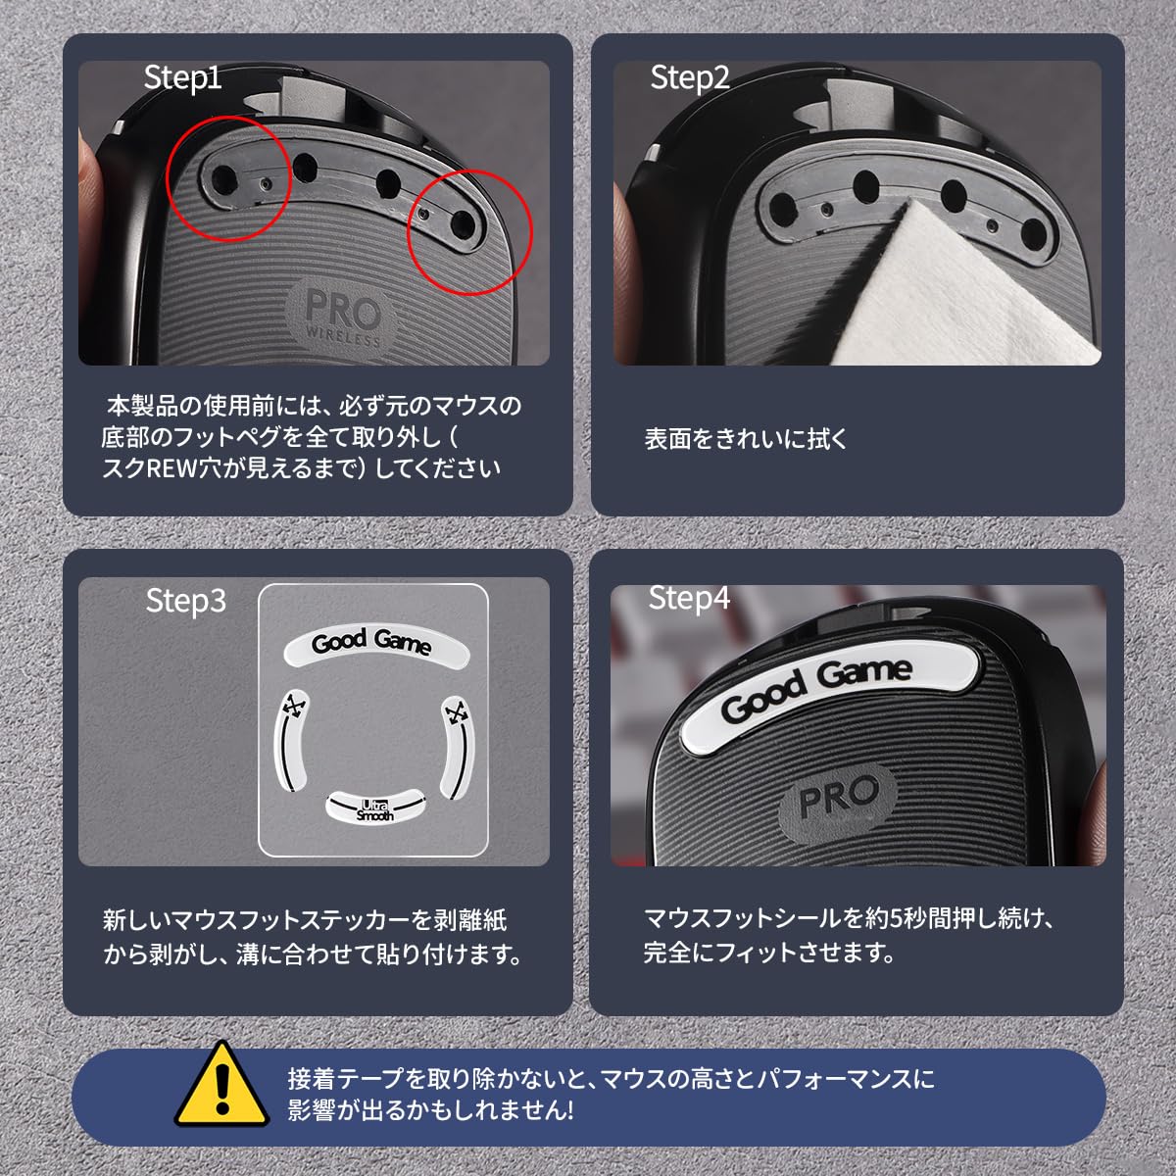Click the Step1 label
point(182,78)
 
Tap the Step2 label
point(690,78)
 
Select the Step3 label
point(186,601)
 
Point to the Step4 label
point(689,598)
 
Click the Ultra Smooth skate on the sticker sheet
point(374,808)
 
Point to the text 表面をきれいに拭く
point(746,439)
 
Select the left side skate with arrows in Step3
point(292,741)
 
